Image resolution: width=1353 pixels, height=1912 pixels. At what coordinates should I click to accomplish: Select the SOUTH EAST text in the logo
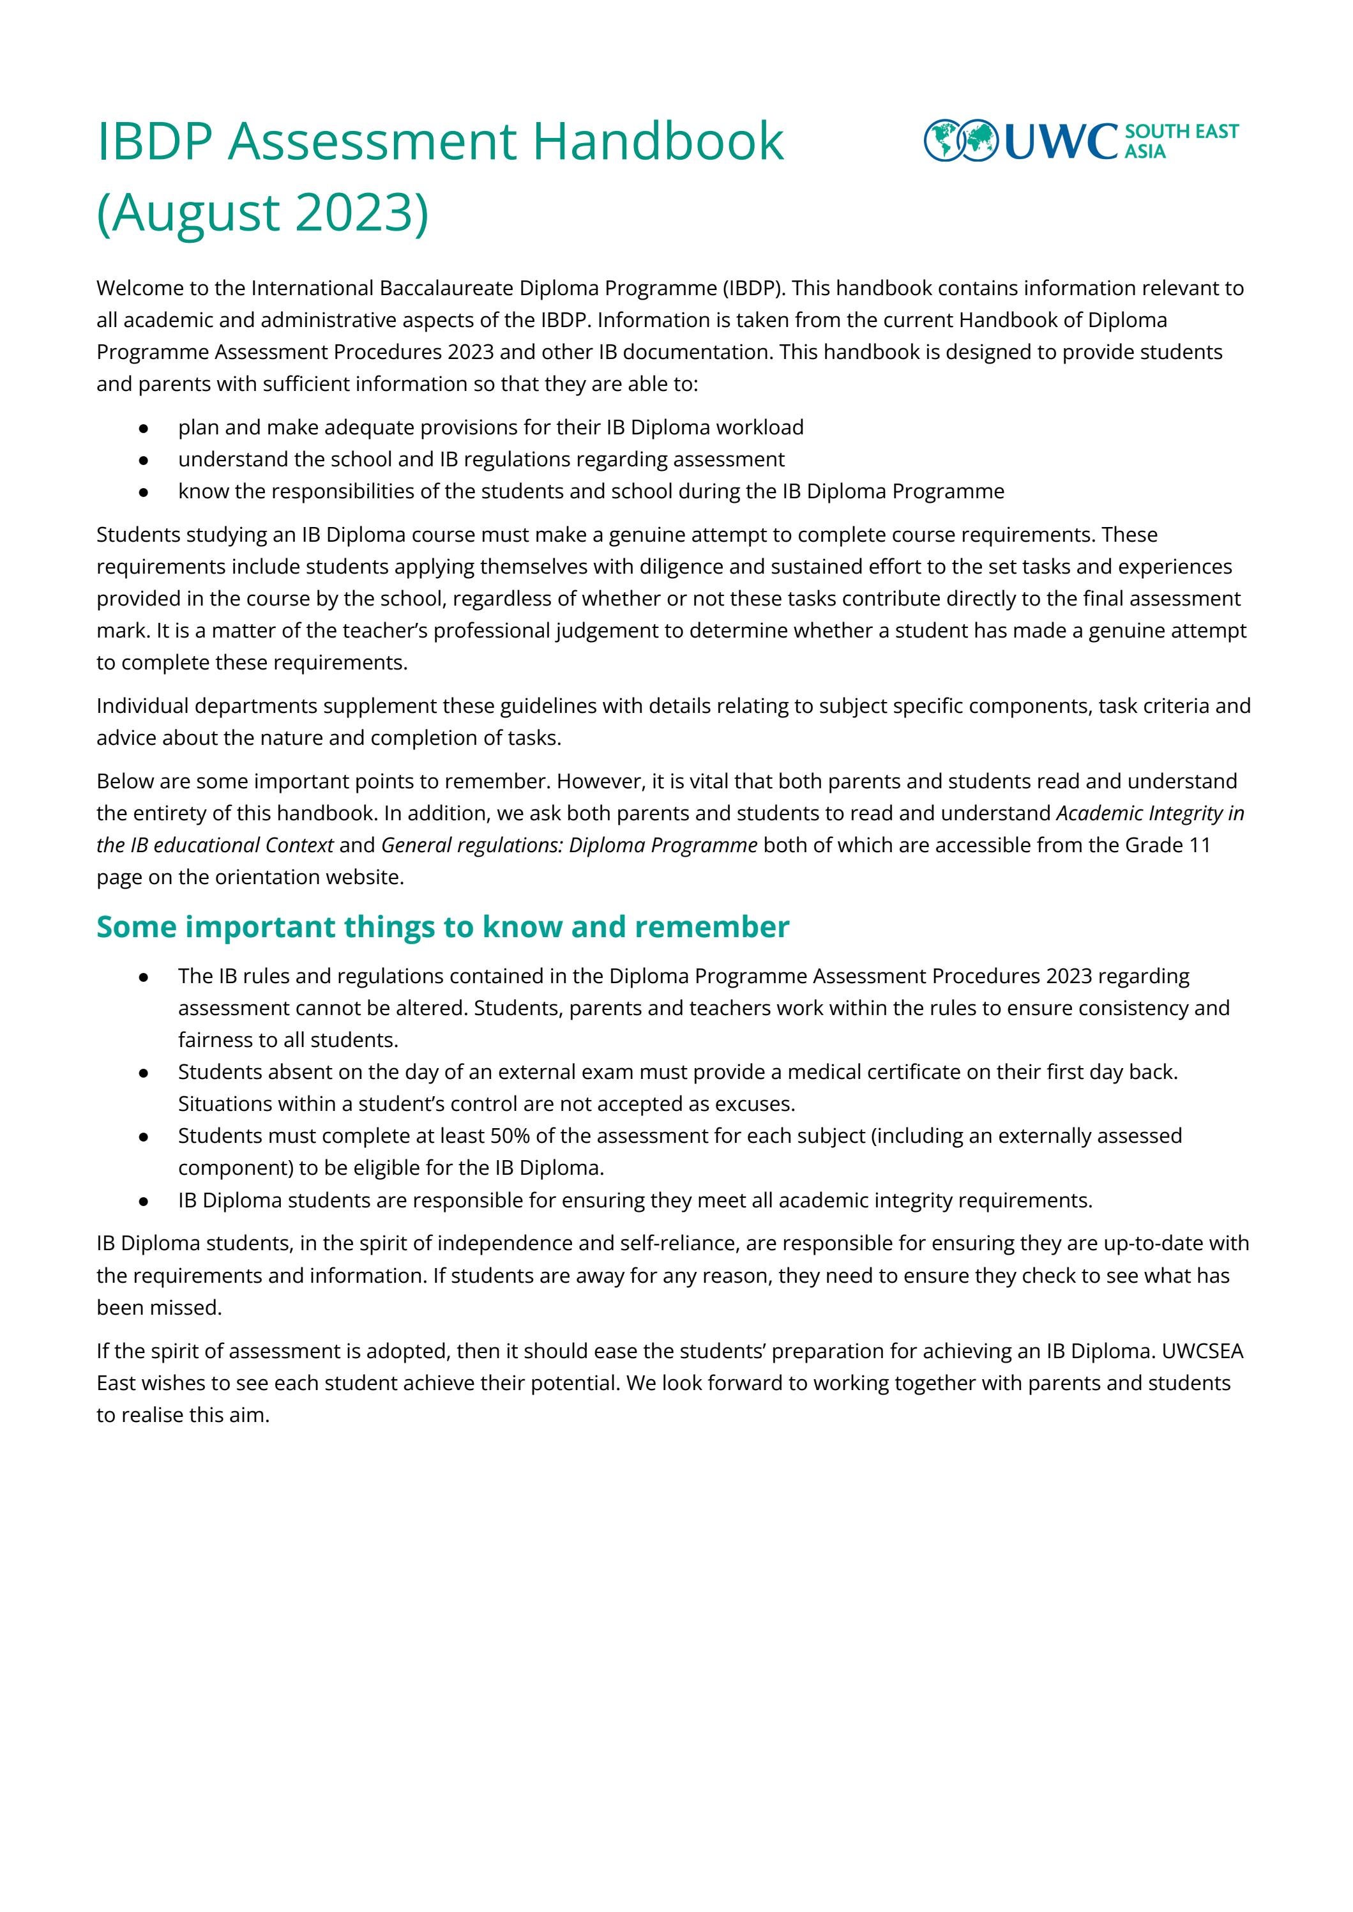tap(1181, 132)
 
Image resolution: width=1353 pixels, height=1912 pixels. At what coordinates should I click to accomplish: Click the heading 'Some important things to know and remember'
tap(442, 927)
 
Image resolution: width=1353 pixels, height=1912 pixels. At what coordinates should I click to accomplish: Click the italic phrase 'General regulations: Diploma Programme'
tap(569, 845)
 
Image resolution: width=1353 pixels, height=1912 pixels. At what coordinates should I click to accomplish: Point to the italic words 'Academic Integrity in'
tap(1150, 813)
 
